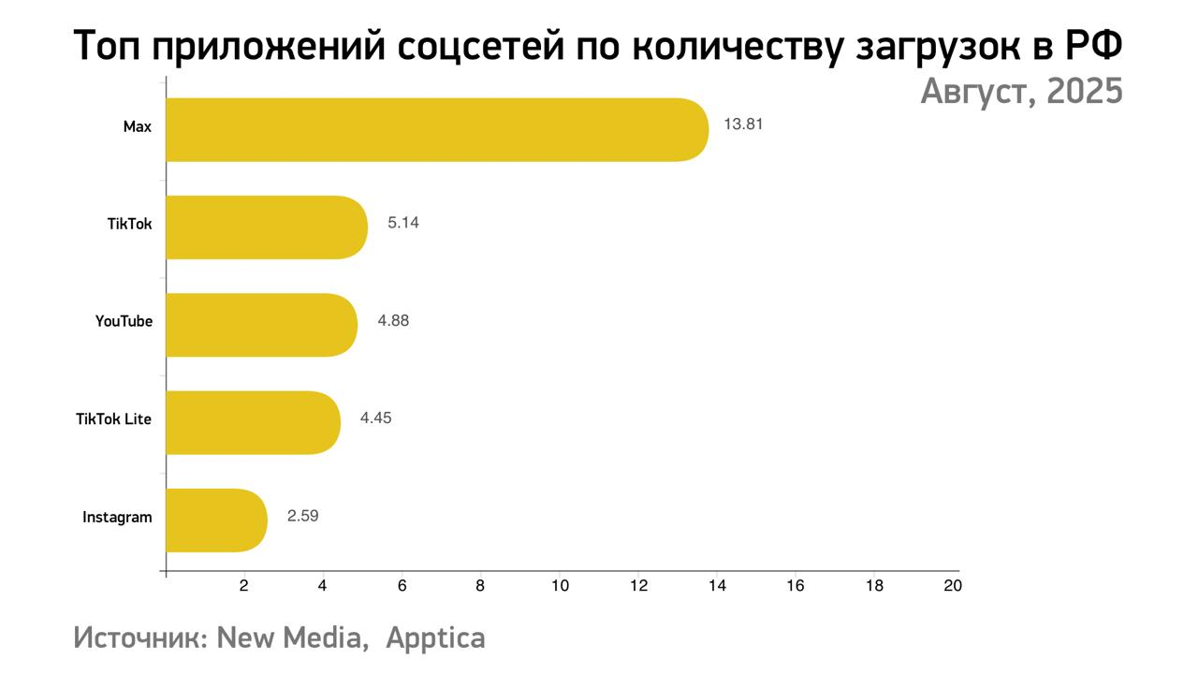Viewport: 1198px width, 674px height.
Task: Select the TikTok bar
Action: point(267,227)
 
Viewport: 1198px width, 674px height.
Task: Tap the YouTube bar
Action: point(262,324)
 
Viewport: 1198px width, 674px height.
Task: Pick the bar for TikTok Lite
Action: point(254,422)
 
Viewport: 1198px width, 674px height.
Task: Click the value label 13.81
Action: point(743,124)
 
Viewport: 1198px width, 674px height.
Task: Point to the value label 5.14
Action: point(403,223)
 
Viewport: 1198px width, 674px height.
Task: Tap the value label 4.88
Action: point(393,320)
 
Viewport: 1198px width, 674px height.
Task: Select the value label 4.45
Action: point(375,418)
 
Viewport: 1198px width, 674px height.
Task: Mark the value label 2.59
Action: point(303,515)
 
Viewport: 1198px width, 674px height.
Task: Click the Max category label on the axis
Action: point(137,126)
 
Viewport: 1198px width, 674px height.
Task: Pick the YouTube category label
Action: point(124,321)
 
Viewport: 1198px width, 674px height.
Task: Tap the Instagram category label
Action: point(117,517)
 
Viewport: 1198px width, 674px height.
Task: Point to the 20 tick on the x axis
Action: point(953,586)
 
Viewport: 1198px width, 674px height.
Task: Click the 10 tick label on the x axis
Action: point(560,586)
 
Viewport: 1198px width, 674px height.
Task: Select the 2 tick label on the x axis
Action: point(244,586)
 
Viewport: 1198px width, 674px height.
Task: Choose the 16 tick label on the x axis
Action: point(796,586)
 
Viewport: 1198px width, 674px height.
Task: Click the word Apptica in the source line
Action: point(435,638)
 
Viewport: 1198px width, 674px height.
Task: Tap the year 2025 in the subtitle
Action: point(1085,92)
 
